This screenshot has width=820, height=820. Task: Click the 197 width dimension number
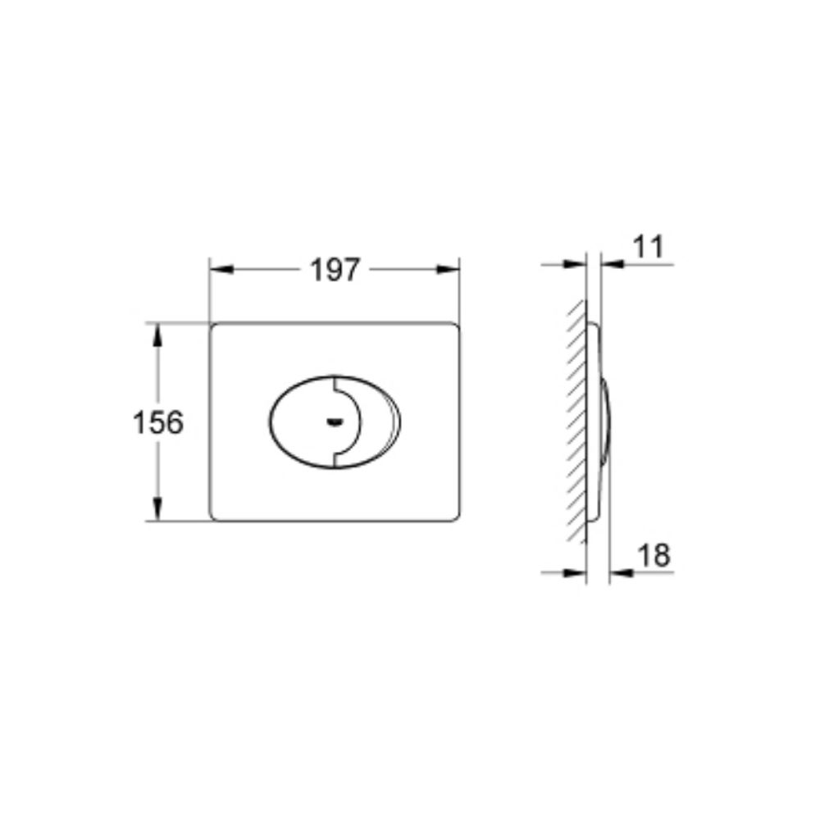point(335,271)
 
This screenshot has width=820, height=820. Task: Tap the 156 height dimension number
point(158,422)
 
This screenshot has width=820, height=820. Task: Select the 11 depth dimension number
point(648,247)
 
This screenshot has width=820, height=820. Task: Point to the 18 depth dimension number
point(654,555)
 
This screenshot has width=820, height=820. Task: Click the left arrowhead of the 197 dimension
point(221,270)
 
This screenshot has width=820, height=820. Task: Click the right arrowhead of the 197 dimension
point(449,270)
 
